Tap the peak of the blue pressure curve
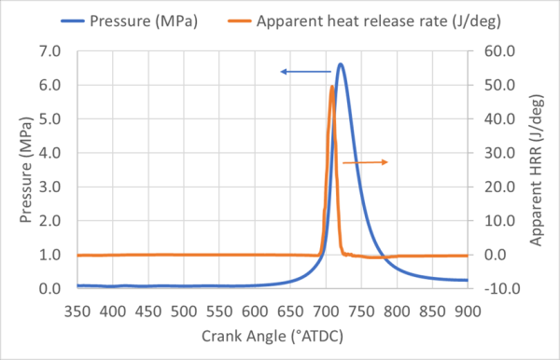(x=341, y=64)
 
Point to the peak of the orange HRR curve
(x=332, y=87)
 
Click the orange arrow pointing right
(x=365, y=162)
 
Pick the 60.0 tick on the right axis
(x=496, y=51)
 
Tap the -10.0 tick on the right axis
(x=496, y=289)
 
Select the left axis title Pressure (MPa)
(x=25, y=170)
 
